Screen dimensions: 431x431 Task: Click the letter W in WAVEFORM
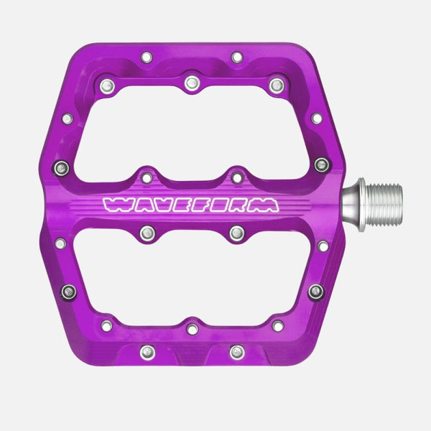pos(115,205)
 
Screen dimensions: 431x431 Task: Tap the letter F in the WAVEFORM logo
pos(197,205)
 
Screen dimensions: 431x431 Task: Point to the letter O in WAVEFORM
pos(217,205)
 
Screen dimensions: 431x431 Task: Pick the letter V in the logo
pos(159,205)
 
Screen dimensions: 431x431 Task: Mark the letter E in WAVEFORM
pos(179,205)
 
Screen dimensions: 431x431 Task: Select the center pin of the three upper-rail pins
pos(192,83)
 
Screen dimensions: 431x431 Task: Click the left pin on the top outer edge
pos(147,57)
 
